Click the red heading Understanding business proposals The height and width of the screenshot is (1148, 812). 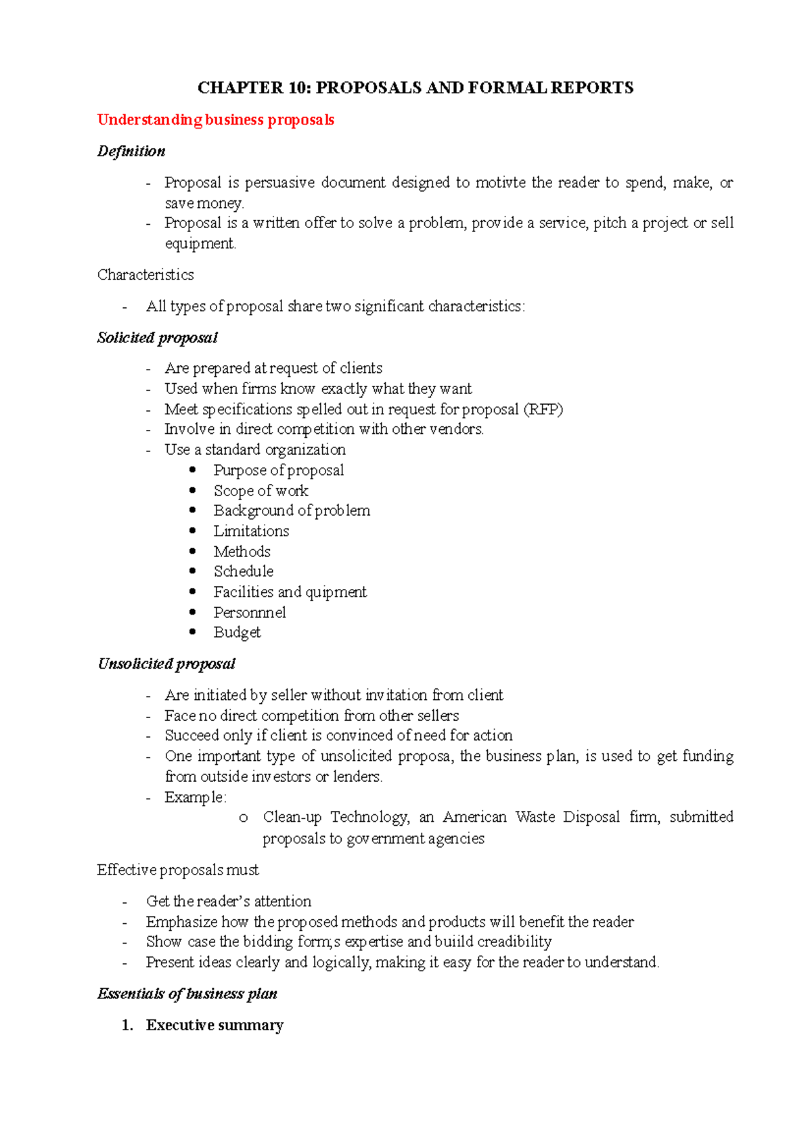215,120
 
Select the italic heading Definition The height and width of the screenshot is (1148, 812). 131,151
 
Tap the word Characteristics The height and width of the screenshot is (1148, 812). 145,275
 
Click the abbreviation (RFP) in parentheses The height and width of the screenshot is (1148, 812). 543,409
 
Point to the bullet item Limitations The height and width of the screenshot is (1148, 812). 251,531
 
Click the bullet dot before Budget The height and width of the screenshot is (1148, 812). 193,632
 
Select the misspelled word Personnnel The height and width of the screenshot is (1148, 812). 250,613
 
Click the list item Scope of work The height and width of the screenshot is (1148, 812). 261,491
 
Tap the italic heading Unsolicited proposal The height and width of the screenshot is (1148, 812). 166,664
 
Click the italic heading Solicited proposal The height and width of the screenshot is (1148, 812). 157,338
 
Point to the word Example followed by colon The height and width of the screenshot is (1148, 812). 194,797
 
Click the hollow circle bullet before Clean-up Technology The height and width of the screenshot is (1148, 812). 244,818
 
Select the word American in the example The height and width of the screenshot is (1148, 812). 474,817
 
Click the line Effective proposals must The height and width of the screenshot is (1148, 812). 177,870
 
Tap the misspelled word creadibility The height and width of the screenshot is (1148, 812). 514,942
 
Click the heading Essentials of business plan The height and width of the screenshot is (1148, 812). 187,994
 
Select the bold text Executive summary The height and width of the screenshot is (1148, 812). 215,1025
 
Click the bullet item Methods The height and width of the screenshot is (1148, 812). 242,552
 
